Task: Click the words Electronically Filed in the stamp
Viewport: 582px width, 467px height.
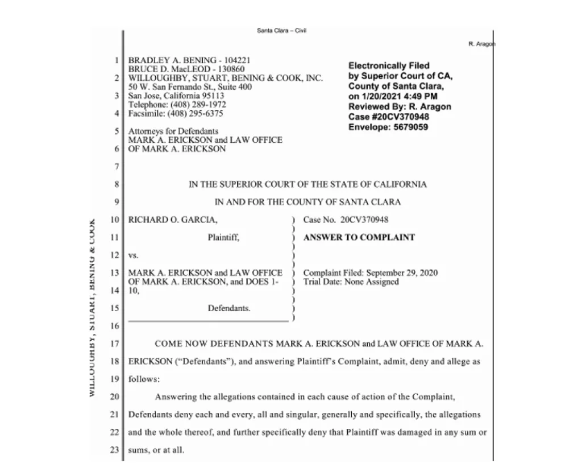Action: pyautogui.click(x=389, y=65)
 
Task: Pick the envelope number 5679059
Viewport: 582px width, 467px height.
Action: pyautogui.click(x=407, y=127)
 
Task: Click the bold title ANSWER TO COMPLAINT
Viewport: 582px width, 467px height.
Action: pyautogui.click(x=359, y=237)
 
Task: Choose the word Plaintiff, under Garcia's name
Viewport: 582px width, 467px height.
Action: pyautogui.click(x=223, y=238)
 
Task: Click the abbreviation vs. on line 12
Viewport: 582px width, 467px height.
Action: pyautogui.click(x=134, y=255)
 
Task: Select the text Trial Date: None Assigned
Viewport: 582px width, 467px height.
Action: pyautogui.click(x=351, y=282)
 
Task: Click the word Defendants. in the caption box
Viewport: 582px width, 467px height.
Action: pyautogui.click(x=229, y=308)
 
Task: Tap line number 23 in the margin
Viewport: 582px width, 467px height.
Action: pyautogui.click(x=114, y=450)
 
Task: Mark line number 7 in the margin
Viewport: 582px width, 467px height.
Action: pyautogui.click(x=116, y=167)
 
